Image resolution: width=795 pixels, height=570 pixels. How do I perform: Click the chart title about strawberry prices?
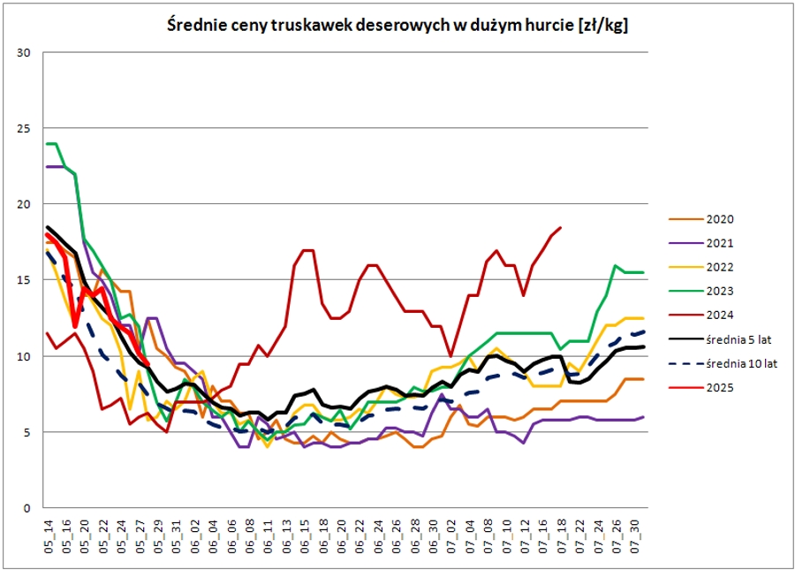click(397, 26)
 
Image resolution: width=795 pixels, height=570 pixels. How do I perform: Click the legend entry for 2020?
click(721, 219)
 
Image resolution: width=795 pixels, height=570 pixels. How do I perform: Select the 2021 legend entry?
click(721, 243)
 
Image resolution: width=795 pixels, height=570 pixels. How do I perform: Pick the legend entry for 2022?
click(721, 267)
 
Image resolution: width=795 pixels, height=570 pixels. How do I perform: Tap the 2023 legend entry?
click(721, 291)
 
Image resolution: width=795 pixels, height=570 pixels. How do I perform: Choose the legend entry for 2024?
click(721, 315)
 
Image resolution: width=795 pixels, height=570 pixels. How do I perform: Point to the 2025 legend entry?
click(721, 387)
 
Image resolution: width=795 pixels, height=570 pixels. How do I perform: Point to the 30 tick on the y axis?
click(24, 52)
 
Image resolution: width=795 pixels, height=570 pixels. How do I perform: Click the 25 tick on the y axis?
click(24, 128)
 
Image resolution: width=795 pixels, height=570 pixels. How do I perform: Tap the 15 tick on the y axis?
click(24, 280)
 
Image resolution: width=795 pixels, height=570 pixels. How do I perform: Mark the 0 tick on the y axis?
click(27, 508)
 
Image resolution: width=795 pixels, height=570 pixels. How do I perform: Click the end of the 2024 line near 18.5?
click(561, 228)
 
